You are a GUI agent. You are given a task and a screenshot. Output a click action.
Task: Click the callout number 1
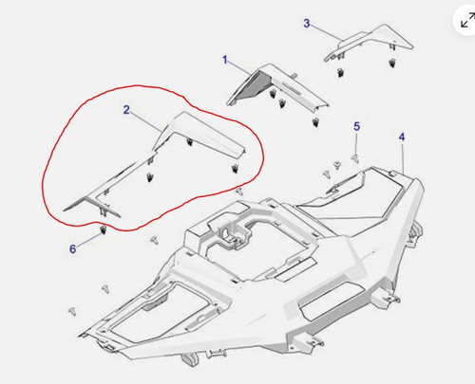tap(225, 60)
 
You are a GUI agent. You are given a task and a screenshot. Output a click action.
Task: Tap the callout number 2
tap(126, 110)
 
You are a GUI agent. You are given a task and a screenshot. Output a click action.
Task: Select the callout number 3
tap(306, 22)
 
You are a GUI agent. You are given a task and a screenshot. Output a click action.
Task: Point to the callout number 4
tap(402, 137)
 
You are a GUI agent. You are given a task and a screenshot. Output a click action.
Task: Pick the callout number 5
tap(356, 126)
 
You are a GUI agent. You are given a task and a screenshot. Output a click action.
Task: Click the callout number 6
tap(72, 248)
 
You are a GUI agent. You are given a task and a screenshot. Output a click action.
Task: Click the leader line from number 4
tap(405, 156)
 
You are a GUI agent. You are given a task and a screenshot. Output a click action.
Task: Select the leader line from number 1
tap(243, 67)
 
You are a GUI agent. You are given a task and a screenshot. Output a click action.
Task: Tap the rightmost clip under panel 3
tap(391, 64)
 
